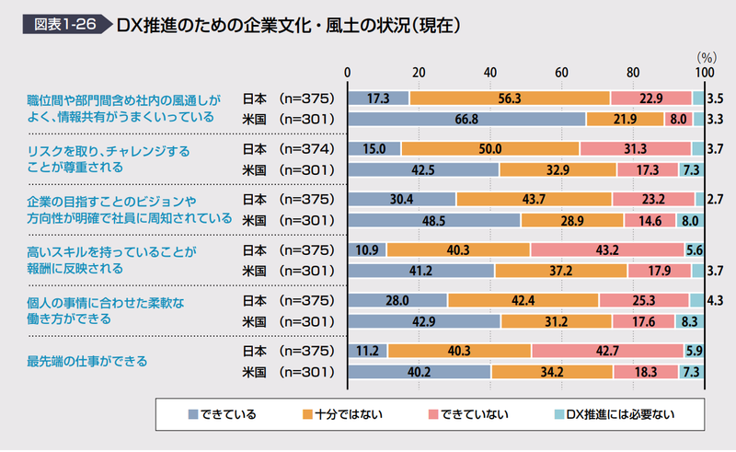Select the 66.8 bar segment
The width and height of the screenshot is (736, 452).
pos(466,119)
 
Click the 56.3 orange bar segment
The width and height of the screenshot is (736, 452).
pos(510,98)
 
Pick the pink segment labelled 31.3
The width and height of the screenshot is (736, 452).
pos(635,149)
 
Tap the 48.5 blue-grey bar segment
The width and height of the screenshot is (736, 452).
pos(434,220)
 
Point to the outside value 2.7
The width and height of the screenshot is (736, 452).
pos(716,199)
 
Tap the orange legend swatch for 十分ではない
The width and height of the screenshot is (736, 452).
pos(307,414)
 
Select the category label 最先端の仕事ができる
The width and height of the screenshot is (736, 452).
pos(87,361)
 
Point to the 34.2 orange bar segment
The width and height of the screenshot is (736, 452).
pos(552,372)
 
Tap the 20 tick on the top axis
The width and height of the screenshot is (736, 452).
pos(419,73)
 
